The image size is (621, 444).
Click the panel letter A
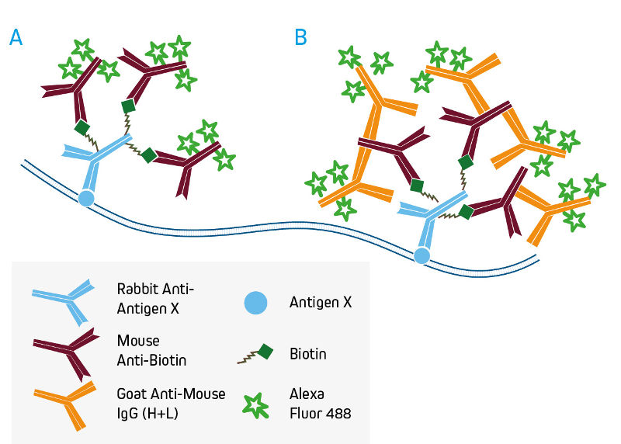(x=16, y=37)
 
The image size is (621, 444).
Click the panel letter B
(x=301, y=37)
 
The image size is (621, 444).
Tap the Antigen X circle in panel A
(x=86, y=198)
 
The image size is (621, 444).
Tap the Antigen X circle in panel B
(x=422, y=255)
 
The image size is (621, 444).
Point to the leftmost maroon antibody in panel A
(x=74, y=88)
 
